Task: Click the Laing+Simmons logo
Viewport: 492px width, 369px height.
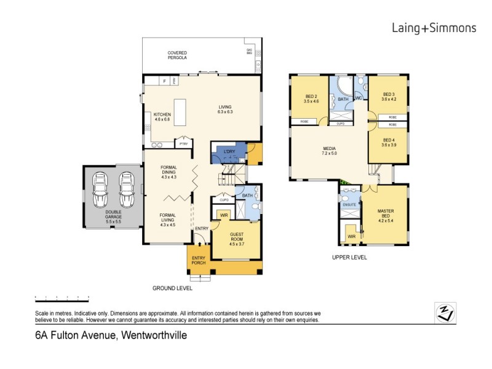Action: [434, 28]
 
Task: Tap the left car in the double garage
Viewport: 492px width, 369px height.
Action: [100, 191]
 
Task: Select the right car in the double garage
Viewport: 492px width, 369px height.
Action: [127, 191]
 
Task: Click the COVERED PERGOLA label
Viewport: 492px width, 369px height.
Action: [177, 55]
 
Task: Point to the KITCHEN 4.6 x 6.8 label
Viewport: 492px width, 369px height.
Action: [154, 117]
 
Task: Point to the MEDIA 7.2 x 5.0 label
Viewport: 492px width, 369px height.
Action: [329, 151]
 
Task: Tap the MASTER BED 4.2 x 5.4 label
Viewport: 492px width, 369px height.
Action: [386, 215]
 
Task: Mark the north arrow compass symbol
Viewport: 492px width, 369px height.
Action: [445, 312]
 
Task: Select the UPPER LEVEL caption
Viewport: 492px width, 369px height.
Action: [349, 258]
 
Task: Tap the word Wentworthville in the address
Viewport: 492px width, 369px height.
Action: [154, 336]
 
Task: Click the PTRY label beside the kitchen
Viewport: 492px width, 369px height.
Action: [183, 143]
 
